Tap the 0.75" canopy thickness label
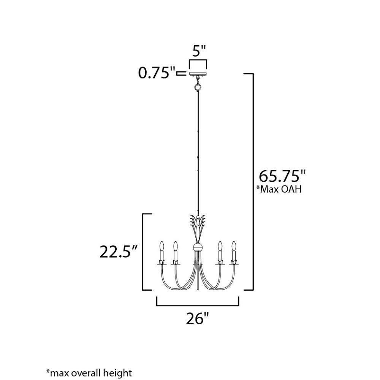[x=157, y=73]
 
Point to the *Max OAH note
[x=279, y=189]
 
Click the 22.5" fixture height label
[x=119, y=252]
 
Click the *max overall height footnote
[x=89, y=372]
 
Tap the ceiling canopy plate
[x=198, y=73]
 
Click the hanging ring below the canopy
[x=198, y=87]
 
